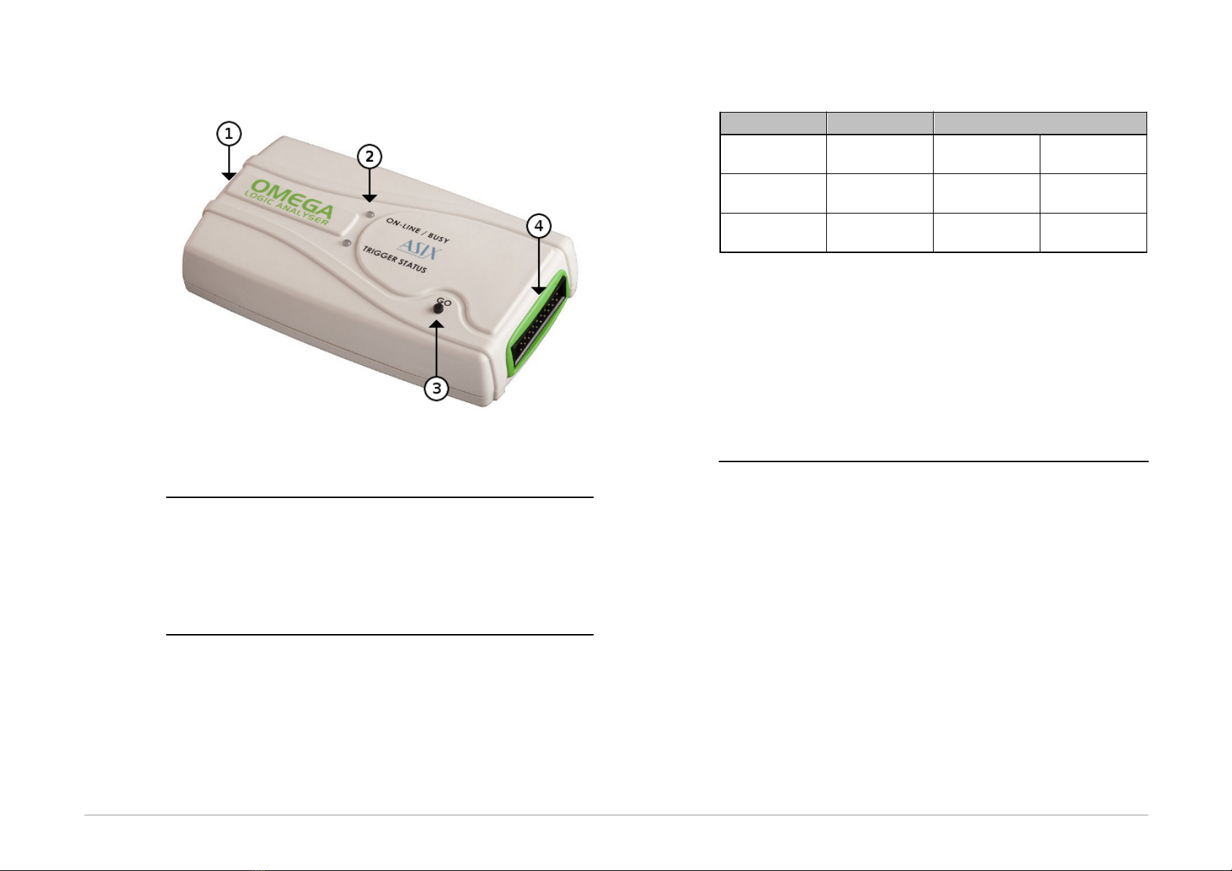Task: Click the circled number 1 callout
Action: pos(229,134)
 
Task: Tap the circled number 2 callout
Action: pos(370,157)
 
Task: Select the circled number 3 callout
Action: pos(437,388)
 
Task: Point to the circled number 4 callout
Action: pos(539,225)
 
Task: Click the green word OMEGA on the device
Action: pos(292,198)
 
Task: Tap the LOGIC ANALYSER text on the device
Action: pos(287,208)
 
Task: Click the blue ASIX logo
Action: pos(419,249)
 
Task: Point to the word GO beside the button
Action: pos(444,302)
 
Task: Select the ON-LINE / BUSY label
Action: pos(417,230)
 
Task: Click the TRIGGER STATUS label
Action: pos(394,260)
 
